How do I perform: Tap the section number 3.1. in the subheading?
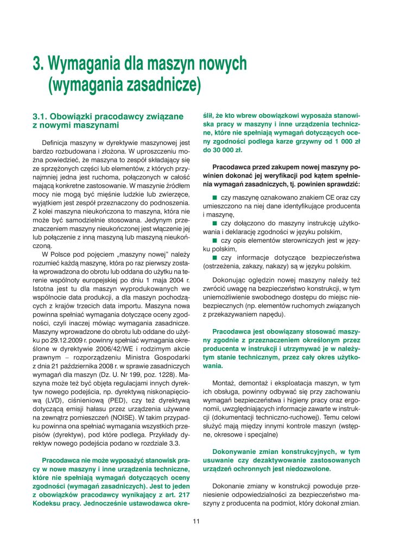[x=41, y=116]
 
